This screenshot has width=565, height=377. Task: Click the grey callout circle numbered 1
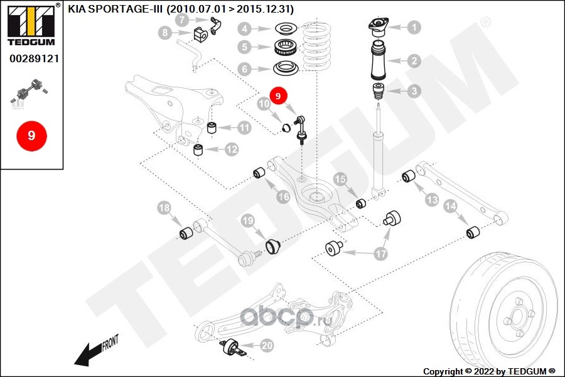414,27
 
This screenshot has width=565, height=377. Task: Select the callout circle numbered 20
267,345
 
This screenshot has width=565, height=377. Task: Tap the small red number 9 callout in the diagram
278,96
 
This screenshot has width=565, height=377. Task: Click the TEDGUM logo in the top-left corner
31,25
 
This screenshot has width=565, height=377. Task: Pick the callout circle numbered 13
432,200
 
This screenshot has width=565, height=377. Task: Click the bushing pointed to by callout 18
186,234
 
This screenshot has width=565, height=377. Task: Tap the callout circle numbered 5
245,47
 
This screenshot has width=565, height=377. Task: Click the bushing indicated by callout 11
212,129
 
